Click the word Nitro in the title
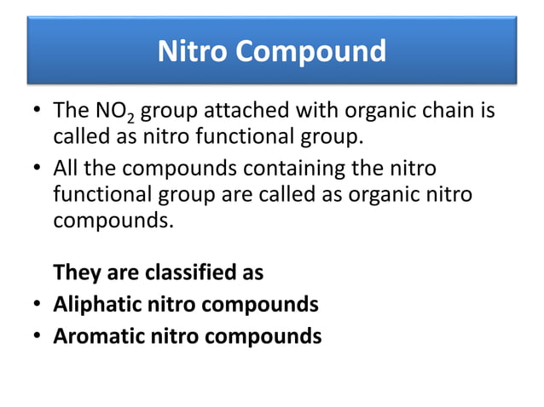pyautogui.click(x=193, y=52)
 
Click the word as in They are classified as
pyautogui.click(x=250, y=273)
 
